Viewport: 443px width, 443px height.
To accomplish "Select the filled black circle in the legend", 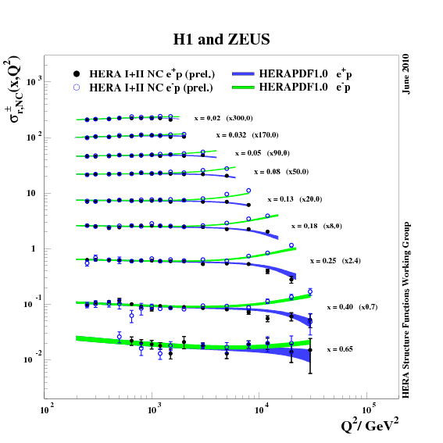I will coord(77,73).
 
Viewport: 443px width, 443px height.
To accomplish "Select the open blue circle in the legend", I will coord(77,88).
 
